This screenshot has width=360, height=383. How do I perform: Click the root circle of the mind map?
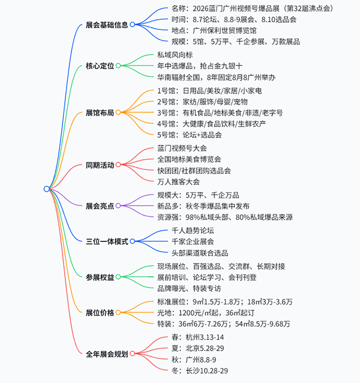point(47,189)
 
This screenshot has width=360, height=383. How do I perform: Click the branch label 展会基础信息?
point(107,26)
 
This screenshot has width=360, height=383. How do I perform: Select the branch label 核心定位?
point(99,65)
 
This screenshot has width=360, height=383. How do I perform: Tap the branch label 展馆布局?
point(99,112)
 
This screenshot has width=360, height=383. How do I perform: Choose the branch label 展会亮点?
point(99,206)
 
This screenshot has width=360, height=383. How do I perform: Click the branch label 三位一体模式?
point(107,241)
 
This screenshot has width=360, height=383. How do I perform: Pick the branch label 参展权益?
point(99,277)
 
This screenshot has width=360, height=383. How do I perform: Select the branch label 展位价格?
point(99,312)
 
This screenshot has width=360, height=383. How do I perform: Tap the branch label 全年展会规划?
point(107,354)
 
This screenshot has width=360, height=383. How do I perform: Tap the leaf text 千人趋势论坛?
point(184,229)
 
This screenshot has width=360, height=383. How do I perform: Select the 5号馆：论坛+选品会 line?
point(188,136)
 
